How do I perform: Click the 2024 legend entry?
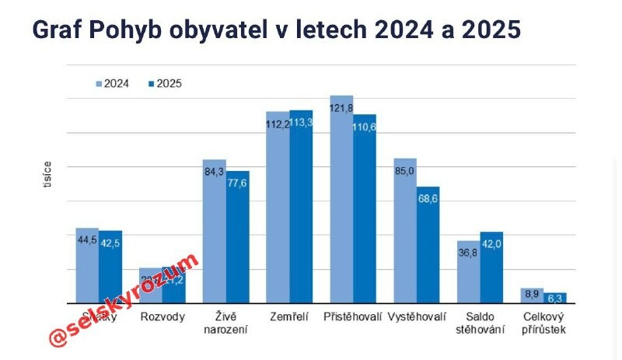(x=112, y=83)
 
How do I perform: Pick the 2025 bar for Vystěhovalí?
(x=428, y=244)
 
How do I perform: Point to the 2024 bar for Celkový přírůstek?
(x=532, y=295)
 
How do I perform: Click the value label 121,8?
(x=341, y=107)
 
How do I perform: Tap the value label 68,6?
(x=428, y=200)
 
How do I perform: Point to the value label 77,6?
(x=238, y=183)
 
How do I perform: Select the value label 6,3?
(x=554, y=298)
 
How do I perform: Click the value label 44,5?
(x=86, y=239)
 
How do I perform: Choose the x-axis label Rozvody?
(x=162, y=317)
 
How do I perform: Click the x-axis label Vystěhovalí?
(x=417, y=317)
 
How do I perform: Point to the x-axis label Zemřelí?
(x=289, y=317)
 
